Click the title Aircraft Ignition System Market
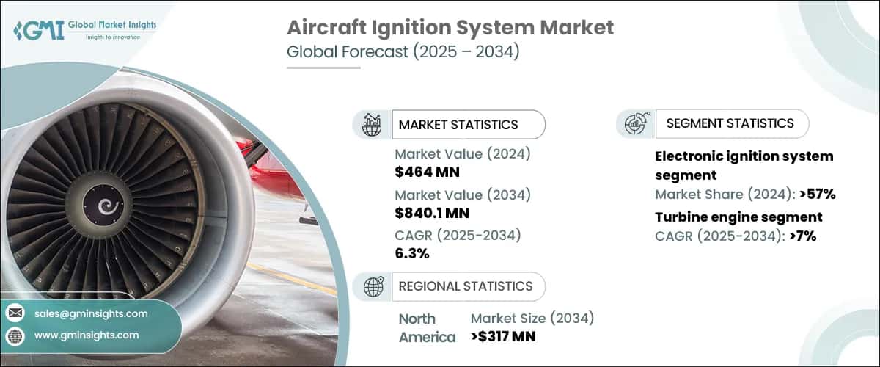coord(450,28)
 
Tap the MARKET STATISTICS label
coord(458,124)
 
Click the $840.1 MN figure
coord(432,214)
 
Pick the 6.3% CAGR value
coord(412,253)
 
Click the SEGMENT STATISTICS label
coord(730,123)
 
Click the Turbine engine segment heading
coord(738,217)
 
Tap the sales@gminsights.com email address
coord(91,313)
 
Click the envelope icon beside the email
coord(15,313)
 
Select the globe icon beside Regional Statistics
coord(373,286)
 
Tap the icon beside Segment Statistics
coord(634,124)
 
